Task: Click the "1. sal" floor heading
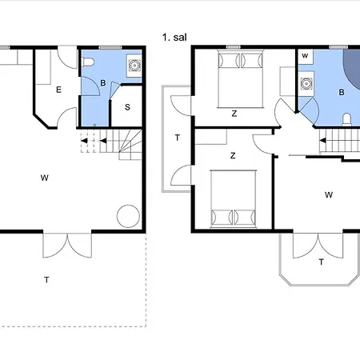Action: point(174,37)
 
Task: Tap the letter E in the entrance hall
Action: point(58,90)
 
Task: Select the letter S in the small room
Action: point(127,107)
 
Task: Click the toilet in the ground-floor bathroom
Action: point(89,62)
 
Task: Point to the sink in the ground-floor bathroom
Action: point(134,66)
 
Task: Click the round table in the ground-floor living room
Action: point(128,216)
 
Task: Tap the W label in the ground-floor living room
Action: point(45,178)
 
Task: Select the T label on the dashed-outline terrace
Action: point(46,280)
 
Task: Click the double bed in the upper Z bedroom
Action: point(241,78)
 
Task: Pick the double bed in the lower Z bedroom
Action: point(234,198)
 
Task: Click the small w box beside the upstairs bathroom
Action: point(305,56)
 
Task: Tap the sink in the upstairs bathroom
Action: point(306,84)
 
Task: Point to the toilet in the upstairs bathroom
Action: point(346,119)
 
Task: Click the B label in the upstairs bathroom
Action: point(342,92)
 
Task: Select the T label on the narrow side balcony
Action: point(178,138)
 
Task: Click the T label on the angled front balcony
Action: point(322,262)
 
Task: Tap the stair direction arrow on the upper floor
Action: point(322,140)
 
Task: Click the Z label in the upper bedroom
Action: point(234,114)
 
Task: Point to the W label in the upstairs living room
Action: point(329,195)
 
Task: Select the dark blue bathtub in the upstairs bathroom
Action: point(354,68)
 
